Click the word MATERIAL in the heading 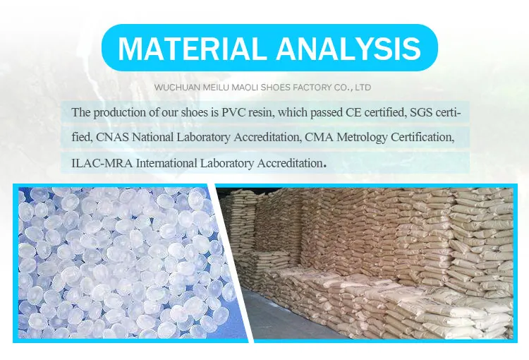[x=190, y=48]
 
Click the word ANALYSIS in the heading [x=349, y=48]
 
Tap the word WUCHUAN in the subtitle [x=178, y=88]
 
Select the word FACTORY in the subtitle [x=312, y=88]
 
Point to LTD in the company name [x=363, y=88]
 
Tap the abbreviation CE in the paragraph [x=353, y=112]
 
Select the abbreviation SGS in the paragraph [x=421, y=112]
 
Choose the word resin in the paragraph [x=260, y=112]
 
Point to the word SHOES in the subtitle [x=276, y=88]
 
